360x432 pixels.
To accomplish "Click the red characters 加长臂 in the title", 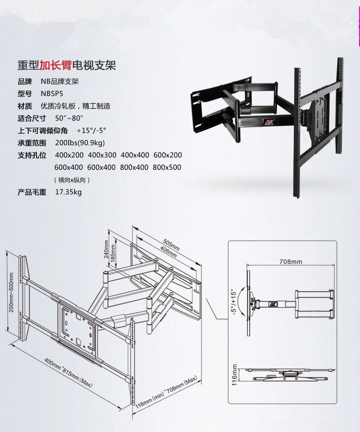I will [x=56, y=66].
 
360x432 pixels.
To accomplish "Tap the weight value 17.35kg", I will [x=68, y=192].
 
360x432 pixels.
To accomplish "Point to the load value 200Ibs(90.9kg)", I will [x=80, y=143].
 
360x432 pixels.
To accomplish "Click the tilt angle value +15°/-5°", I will [x=91, y=131].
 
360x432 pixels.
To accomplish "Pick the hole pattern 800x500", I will [x=167, y=168].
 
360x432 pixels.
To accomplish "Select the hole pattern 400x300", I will [x=102, y=155].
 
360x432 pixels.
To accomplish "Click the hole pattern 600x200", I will [x=167, y=155].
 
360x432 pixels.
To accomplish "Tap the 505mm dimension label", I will [x=171, y=244].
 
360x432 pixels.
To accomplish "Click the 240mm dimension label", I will [x=107, y=249].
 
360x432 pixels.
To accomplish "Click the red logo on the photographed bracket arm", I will [x=268, y=122].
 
